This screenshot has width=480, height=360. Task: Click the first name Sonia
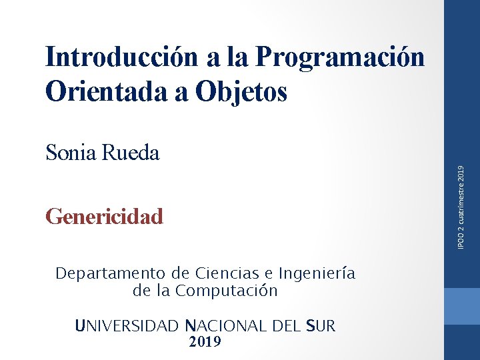point(71,153)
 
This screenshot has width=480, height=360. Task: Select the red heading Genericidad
point(104,217)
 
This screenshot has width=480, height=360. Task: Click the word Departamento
point(111,273)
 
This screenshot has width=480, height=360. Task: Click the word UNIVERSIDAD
point(127,326)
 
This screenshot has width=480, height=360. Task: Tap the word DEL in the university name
point(286,326)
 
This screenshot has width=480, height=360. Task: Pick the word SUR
point(321,326)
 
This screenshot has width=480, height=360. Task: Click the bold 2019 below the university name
point(205,342)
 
